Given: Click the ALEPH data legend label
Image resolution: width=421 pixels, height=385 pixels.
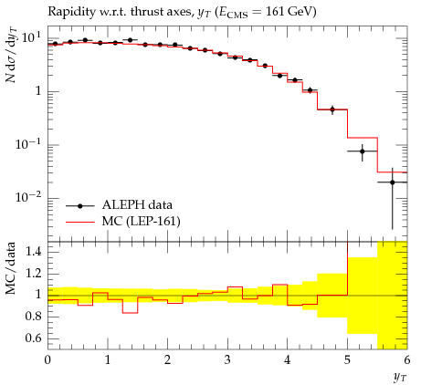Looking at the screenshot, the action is point(137,205).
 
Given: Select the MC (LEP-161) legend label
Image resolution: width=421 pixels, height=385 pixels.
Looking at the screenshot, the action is point(142,221).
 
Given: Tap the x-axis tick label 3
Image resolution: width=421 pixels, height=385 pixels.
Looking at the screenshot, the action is point(227,360).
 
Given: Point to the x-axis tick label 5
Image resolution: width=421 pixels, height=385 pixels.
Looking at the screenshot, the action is point(347,360).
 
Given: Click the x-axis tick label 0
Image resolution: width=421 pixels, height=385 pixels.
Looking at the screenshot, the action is point(47,360).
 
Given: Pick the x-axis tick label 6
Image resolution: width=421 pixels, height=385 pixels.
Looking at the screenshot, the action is point(407,360).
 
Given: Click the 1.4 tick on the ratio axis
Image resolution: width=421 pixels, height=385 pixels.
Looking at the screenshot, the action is point(33,252).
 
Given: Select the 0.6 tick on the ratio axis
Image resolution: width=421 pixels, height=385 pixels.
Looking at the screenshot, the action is point(33,338).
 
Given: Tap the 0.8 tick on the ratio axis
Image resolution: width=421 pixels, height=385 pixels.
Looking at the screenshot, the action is point(33,317).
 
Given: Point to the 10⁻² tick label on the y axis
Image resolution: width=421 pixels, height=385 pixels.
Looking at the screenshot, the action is point(28,197).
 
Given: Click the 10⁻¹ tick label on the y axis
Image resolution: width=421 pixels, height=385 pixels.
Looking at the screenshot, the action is point(28,144).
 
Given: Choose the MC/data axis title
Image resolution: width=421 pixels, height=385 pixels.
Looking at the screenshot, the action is point(10,268).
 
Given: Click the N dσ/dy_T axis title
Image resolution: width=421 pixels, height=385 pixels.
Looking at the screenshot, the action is point(11,55).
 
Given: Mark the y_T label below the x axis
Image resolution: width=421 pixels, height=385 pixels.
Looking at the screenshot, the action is point(400,378).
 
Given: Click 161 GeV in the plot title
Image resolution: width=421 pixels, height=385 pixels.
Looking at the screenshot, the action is point(290,12).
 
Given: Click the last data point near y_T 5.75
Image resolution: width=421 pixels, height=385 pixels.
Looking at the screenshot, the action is point(393,182).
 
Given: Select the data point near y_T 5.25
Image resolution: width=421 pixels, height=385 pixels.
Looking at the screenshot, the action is point(363,151).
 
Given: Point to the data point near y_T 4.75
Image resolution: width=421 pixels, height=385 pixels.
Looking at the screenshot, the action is point(332,109).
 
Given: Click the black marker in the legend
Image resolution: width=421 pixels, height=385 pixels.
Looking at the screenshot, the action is point(80,206).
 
